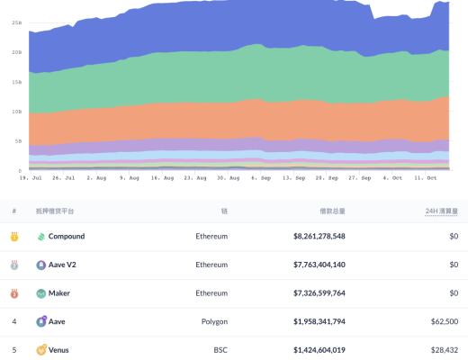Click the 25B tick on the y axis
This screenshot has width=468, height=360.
point(16,22)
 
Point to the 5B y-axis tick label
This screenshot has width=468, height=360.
point(15,141)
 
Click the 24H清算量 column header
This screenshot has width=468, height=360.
point(441,211)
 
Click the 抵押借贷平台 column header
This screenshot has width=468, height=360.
point(57,211)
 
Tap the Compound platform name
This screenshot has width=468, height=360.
point(67,237)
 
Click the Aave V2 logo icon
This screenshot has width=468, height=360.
point(41,265)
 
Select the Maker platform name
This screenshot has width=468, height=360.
point(60,293)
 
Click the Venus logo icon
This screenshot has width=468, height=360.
point(41,349)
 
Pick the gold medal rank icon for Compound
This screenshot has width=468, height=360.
point(14,237)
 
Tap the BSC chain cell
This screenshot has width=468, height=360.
point(220,349)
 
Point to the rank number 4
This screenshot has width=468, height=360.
point(14,321)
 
